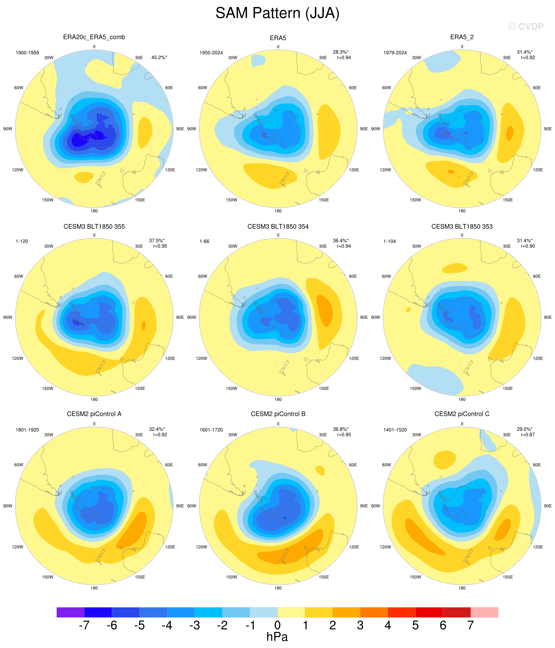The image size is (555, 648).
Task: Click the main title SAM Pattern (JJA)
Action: [277, 13]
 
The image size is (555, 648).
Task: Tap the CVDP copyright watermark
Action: [526, 27]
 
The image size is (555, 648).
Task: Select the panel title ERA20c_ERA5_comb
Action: [94, 37]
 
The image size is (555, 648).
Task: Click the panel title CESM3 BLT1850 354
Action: [278, 226]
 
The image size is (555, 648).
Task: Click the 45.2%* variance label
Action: [159, 57]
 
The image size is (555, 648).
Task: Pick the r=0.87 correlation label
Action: [528, 434]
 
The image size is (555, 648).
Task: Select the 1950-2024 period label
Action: [211, 52]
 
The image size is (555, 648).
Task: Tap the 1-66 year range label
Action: [204, 241]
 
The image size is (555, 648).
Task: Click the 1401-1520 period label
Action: [395, 430]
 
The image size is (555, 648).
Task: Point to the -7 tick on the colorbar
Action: [84, 625]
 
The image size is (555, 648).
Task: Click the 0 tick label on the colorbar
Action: [277, 625]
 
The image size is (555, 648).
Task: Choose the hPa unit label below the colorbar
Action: [277, 637]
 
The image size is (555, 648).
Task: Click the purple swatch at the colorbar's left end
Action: [70, 612]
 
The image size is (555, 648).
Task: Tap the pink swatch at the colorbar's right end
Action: [484, 612]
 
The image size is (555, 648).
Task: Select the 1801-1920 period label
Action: [27, 430]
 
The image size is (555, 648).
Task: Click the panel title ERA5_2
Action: [462, 37]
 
